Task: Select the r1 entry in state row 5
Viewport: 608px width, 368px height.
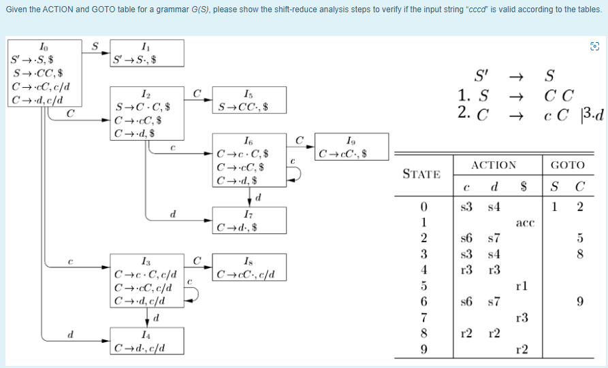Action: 522,286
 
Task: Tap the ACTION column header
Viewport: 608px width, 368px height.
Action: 494,165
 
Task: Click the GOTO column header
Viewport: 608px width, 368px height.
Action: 567,165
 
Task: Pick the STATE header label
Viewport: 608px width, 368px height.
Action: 421,174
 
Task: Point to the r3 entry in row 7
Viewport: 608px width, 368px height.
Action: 522,318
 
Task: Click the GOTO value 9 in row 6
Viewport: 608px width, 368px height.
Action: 580,301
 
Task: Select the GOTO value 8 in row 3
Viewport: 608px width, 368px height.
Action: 580,254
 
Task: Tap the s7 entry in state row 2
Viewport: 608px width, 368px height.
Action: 494,238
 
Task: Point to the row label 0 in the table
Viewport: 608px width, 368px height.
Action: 423,206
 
